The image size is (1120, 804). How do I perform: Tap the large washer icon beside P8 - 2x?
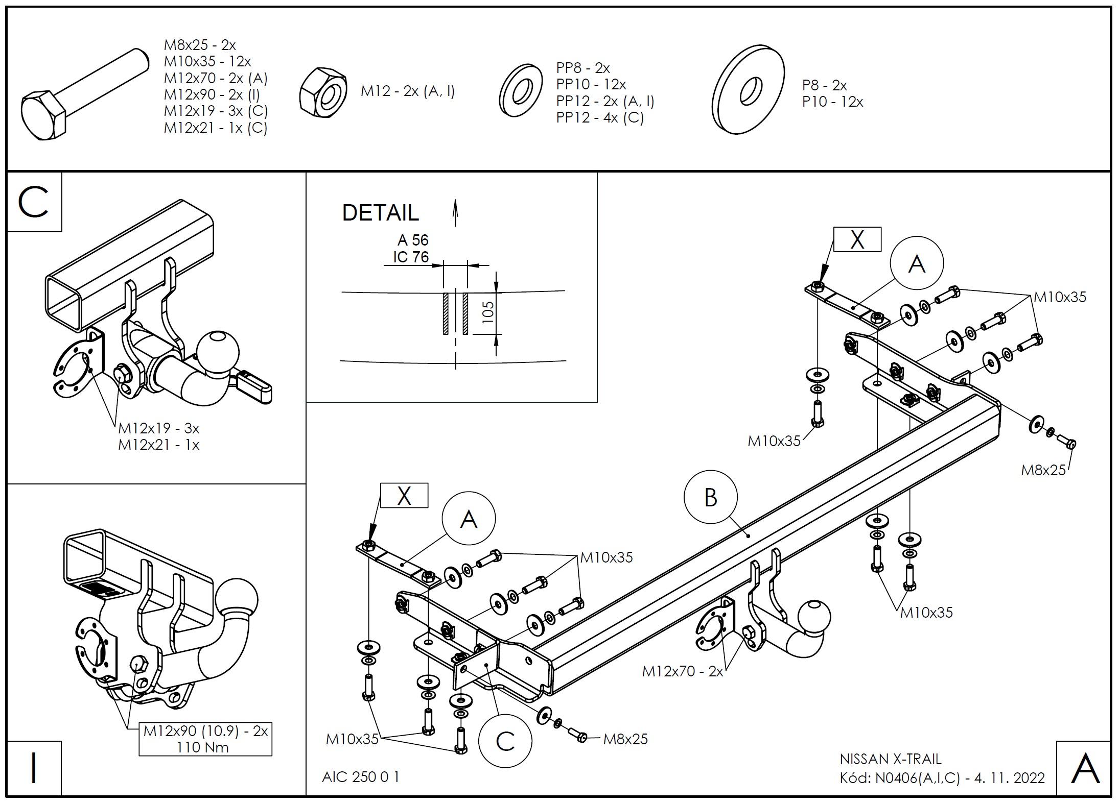click(748, 90)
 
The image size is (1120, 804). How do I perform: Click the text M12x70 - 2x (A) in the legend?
click(216, 78)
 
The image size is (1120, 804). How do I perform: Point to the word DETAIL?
click(380, 213)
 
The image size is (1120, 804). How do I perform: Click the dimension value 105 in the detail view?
click(488, 312)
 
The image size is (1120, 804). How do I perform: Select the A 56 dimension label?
click(413, 240)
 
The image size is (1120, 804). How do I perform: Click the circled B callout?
click(710, 497)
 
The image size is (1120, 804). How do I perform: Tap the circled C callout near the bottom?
click(505, 741)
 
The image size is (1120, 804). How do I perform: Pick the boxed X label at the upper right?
click(857, 239)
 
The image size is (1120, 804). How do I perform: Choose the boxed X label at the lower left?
click(404, 495)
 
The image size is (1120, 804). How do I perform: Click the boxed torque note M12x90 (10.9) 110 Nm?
click(205, 739)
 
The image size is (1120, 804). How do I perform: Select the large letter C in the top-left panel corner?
click(34, 202)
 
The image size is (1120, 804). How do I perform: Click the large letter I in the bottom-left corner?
click(34, 768)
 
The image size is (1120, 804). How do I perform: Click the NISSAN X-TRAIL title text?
click(890, 759)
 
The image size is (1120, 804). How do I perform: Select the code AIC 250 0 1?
click(361, 776)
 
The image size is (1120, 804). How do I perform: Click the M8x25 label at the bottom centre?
click(625, 739)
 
